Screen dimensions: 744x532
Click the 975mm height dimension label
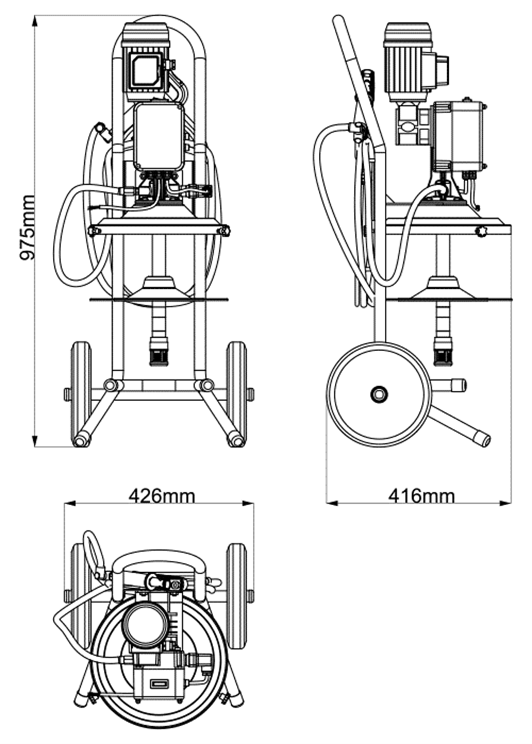click(27, 228)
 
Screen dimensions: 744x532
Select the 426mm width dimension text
click(161, 496)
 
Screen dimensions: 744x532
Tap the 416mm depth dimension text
click(421, 496)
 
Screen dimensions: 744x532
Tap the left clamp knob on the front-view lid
click(93, 231)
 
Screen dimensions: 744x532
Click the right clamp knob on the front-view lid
click(225, 231)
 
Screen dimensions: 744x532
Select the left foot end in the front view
click(81, 441)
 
